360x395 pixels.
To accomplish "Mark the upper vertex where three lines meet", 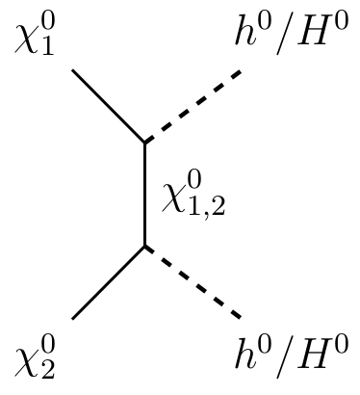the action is (144, 143).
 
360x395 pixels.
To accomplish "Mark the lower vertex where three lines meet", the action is (144, 247).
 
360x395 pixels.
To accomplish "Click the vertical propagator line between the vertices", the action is (144, 195).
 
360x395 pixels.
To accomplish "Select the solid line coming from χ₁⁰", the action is (108, 106).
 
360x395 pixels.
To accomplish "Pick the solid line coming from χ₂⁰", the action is (108, 282).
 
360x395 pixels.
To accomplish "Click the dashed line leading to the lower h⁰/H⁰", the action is (193, 282).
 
